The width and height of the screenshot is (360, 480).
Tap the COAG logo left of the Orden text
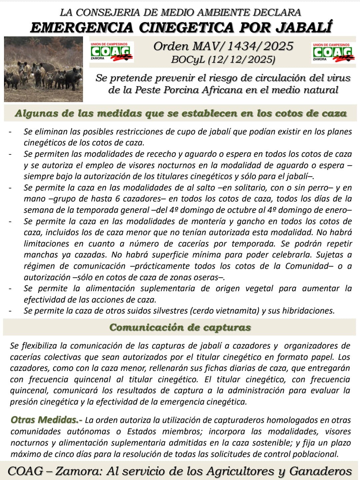112,52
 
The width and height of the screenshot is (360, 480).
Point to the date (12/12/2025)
242,60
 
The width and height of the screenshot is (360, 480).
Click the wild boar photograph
43,69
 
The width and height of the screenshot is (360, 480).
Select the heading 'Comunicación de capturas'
180,327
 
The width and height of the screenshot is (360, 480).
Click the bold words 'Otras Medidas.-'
46,420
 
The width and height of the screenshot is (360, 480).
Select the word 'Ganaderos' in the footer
320,471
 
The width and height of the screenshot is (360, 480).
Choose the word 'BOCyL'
188,60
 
